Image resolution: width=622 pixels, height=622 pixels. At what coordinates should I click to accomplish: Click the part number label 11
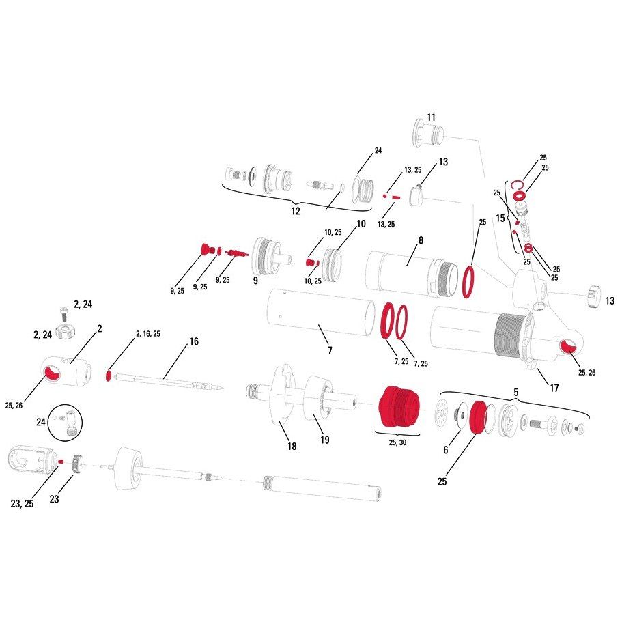[x=431, y=117]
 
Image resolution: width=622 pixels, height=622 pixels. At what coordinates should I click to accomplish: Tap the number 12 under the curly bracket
[x=296, y=211]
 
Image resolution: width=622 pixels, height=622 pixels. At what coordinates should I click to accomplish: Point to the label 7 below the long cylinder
[x=330, y=350]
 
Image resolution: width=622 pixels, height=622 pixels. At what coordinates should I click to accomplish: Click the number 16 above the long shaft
[x=194, y=341]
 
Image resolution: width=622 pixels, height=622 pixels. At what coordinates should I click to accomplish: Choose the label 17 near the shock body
[x=554, y=388]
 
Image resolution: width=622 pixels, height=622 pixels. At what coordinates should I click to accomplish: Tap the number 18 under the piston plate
[x=292, y=447]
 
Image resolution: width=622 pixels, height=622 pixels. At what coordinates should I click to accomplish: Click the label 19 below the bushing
[x=325, y=440]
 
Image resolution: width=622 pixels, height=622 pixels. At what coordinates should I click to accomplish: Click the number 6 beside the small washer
[x=446, y=449]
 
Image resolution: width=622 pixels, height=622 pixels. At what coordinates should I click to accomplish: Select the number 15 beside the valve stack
[x=500, y=218]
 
